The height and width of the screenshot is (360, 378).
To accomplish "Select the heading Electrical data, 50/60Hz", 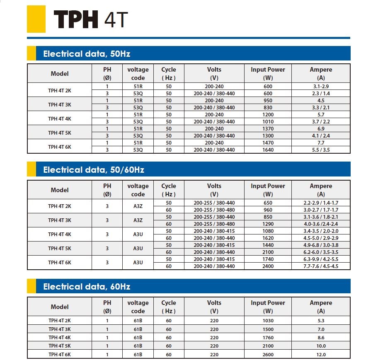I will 94,170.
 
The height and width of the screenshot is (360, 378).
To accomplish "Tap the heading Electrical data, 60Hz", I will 87,287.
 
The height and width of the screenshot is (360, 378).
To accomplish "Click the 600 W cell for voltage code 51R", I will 268,87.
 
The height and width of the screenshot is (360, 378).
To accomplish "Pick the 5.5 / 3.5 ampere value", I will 320,150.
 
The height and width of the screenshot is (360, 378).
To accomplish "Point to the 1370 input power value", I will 268,129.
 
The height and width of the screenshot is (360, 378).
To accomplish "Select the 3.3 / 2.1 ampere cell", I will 320,108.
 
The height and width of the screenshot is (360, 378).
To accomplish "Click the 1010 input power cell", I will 268,122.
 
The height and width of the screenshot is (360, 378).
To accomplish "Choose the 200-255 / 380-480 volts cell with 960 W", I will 214,210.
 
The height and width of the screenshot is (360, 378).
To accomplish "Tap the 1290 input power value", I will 268,224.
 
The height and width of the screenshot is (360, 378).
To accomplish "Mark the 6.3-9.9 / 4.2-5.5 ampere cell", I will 320,259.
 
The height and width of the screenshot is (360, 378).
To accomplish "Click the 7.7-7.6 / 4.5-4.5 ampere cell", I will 320,266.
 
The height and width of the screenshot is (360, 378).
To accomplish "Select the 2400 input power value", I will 268,266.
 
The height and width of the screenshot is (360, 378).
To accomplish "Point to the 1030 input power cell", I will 268,321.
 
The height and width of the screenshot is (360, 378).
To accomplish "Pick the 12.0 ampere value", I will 320,355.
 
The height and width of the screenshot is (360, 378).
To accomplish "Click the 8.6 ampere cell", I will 320,338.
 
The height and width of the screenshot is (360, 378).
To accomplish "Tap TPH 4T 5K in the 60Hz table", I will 59,346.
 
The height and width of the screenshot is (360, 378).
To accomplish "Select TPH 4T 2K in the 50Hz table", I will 59,90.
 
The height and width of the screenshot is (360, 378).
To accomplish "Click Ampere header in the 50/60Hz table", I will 320,190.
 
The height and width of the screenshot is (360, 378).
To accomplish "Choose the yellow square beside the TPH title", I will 36,19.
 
